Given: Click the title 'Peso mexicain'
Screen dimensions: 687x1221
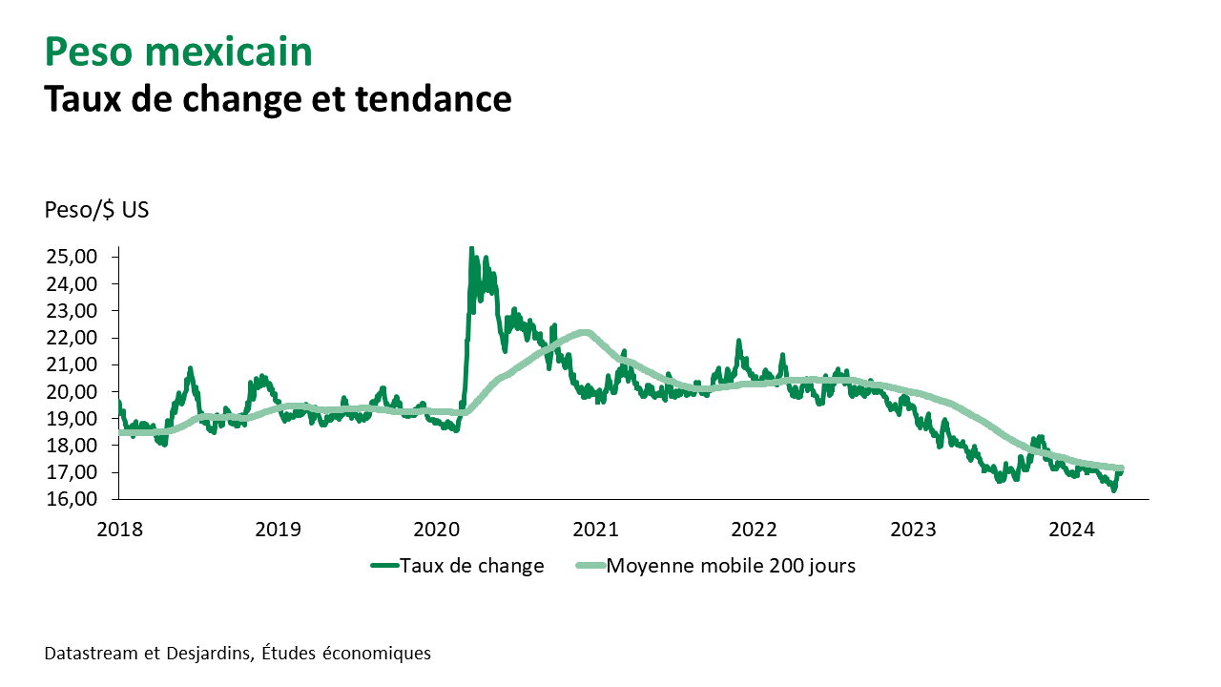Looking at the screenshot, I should [178, 52].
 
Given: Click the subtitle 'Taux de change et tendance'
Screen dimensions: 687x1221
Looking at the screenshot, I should [278, 98].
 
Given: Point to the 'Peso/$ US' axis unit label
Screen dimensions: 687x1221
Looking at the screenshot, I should [96, 210].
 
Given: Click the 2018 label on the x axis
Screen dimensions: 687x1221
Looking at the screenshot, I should [117, 528].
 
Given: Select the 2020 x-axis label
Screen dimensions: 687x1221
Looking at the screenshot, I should [438, 528].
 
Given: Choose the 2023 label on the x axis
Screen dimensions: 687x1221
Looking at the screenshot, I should [918, 528].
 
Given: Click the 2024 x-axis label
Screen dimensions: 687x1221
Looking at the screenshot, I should [1077, 528].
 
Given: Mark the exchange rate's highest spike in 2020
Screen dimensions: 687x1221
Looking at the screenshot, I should [471, 249].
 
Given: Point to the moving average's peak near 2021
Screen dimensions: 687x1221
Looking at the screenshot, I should [585, 332].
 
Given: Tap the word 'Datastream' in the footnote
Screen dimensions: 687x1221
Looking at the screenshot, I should [90, 654].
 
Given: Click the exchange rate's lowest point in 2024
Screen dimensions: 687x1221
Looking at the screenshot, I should [1113, 489].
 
